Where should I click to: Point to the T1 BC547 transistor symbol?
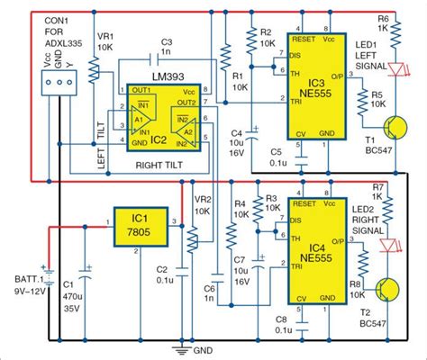(395, 127)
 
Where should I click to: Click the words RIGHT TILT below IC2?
(167, 166)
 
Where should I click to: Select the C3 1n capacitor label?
(166, 47)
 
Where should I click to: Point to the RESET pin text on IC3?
(303, 40)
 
